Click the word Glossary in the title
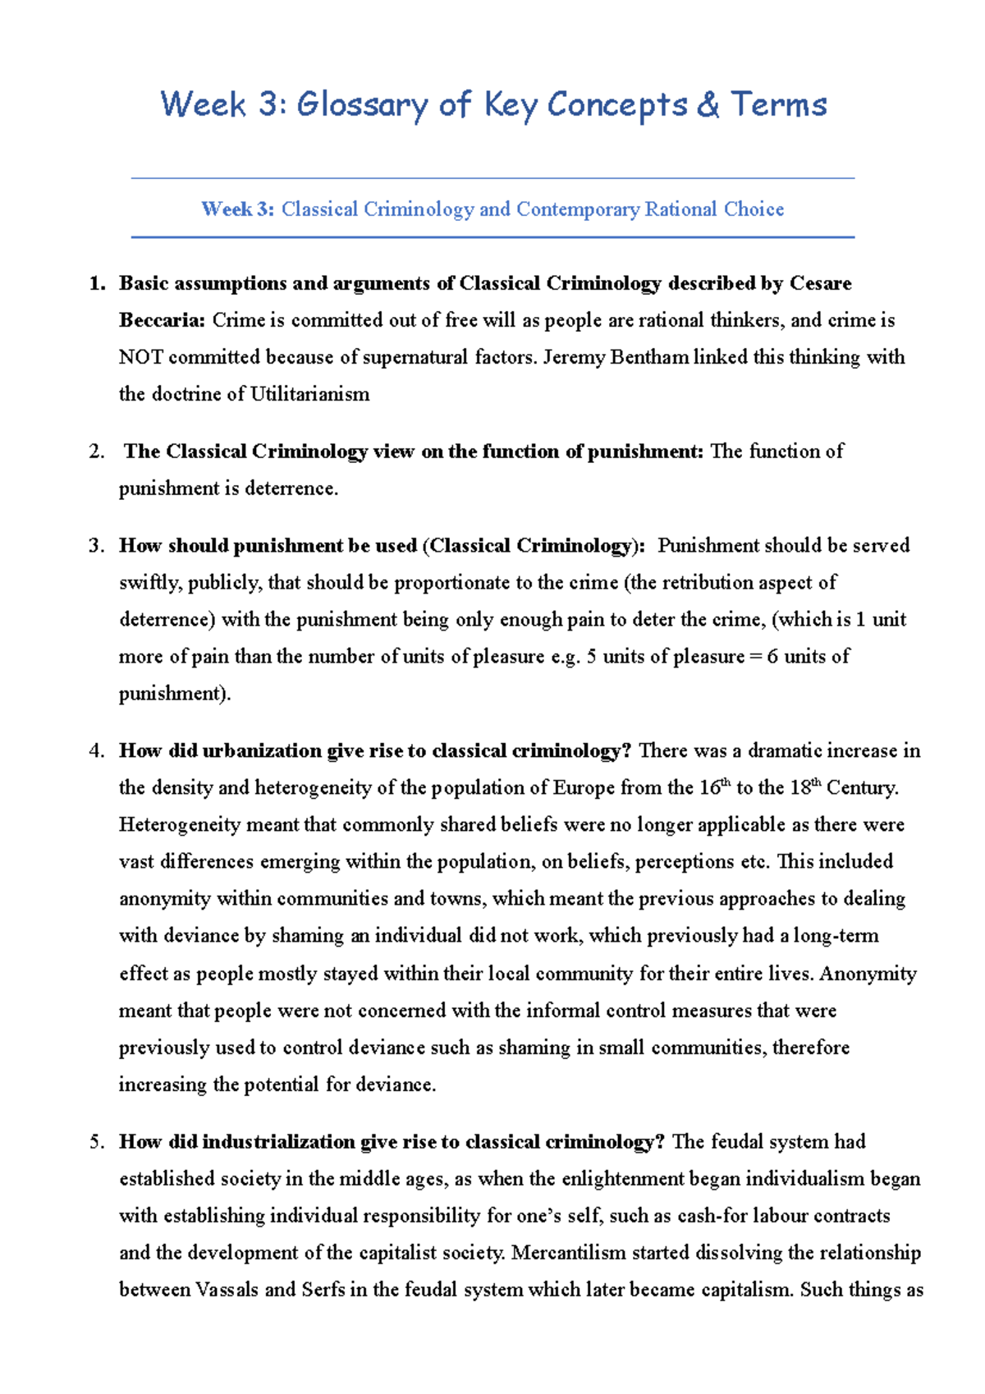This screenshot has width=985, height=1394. pyautogui.click(x=361, y=105)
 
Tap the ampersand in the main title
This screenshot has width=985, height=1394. pyautogui.click(x=707, y=105)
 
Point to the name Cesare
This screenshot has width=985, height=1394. pyautogui.click(x=820, y=283)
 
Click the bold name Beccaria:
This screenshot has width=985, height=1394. pyautogui.click(x=162, y=320)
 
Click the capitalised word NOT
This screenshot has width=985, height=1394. pyautogui.click(x=141, y=357)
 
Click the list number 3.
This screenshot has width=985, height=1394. pyautogui.click(x=95, y=546)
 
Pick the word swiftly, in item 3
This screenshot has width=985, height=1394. pyautogui.click(x=150, y=583)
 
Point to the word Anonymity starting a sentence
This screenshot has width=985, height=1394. pyautogui.click(x=868, y=974)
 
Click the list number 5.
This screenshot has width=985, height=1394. pyautogui.click(x=95, y=1142)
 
